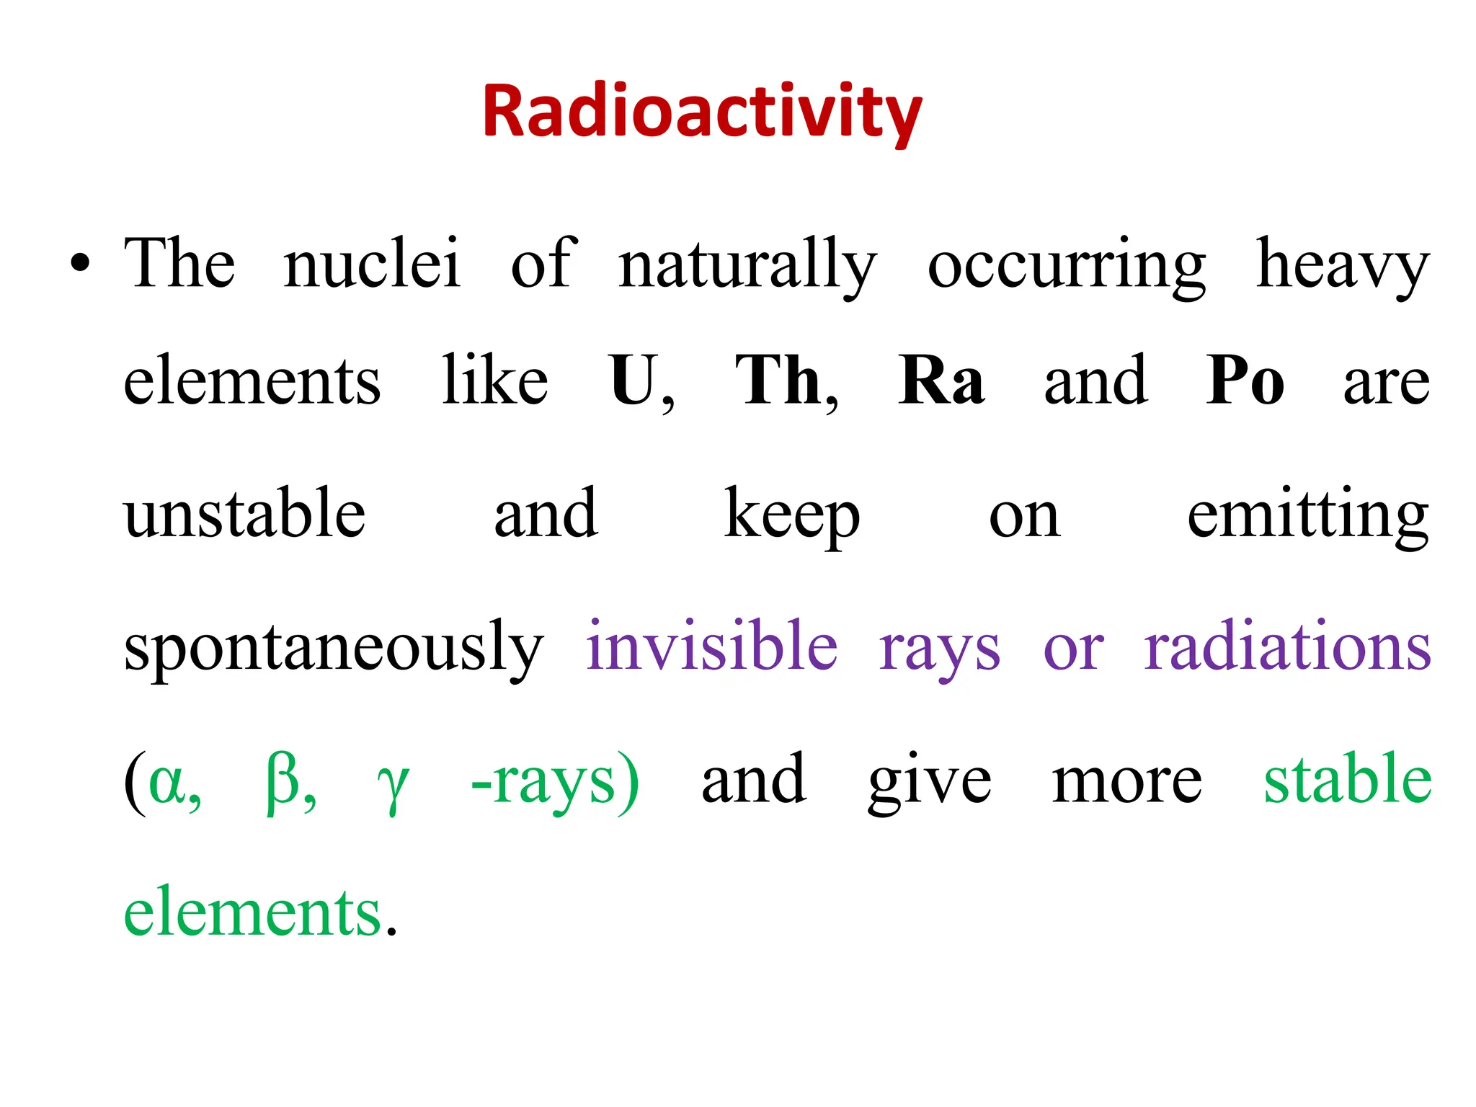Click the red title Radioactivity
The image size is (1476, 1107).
point(702,112)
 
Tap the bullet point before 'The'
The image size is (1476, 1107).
point(81,264)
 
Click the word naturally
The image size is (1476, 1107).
point(747,265)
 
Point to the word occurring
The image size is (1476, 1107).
point(1067,265)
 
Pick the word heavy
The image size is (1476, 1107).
point(1342,265)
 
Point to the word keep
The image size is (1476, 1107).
point(792,515)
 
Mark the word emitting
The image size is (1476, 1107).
point(1308,515)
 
